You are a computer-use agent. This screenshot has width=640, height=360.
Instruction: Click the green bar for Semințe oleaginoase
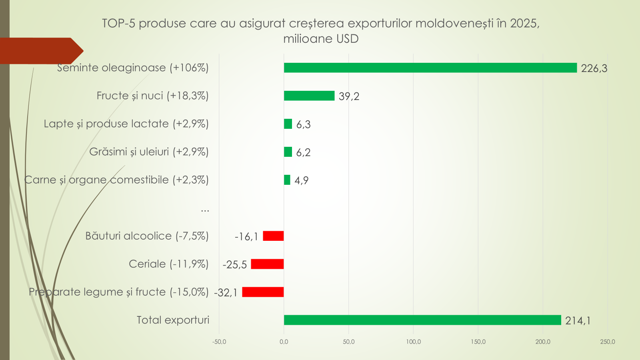click(430, 68)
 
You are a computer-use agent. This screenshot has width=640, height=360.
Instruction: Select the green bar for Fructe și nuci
click(309, 96)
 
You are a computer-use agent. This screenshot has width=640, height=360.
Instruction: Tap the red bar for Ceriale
click(267, 264)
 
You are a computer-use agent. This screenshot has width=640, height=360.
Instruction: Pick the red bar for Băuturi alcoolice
click(273, 236)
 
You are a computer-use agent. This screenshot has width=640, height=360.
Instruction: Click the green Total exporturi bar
click(422, 320)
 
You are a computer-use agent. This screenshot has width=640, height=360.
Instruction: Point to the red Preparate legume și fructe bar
click(263, 292)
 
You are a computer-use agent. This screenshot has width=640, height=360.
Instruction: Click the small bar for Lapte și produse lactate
click(288, 124)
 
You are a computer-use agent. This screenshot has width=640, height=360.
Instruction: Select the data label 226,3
click(594, 68)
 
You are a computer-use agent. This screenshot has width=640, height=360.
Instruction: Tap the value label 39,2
click(349, 96)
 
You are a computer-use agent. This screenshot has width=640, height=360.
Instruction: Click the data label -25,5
click(235, 265)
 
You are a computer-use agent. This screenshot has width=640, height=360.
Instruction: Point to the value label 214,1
click(578, 321)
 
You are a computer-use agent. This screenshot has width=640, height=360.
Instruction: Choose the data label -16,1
click(246, 237)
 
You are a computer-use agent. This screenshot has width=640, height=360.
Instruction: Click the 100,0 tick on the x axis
click(413, 342)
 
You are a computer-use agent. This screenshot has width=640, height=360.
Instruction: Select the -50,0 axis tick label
click(219, 342)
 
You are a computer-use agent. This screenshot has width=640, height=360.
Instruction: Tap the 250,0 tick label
click(607, 342)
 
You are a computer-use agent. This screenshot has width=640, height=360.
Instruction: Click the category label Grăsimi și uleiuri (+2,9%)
click(149, 152)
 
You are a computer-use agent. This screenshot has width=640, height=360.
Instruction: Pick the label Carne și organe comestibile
click(116, 180)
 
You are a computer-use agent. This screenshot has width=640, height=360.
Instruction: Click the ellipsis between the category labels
click(205, 209)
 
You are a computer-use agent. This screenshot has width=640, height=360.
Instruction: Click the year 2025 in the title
click(523, 23)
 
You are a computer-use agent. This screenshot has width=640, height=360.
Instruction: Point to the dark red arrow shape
click(40, 51)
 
